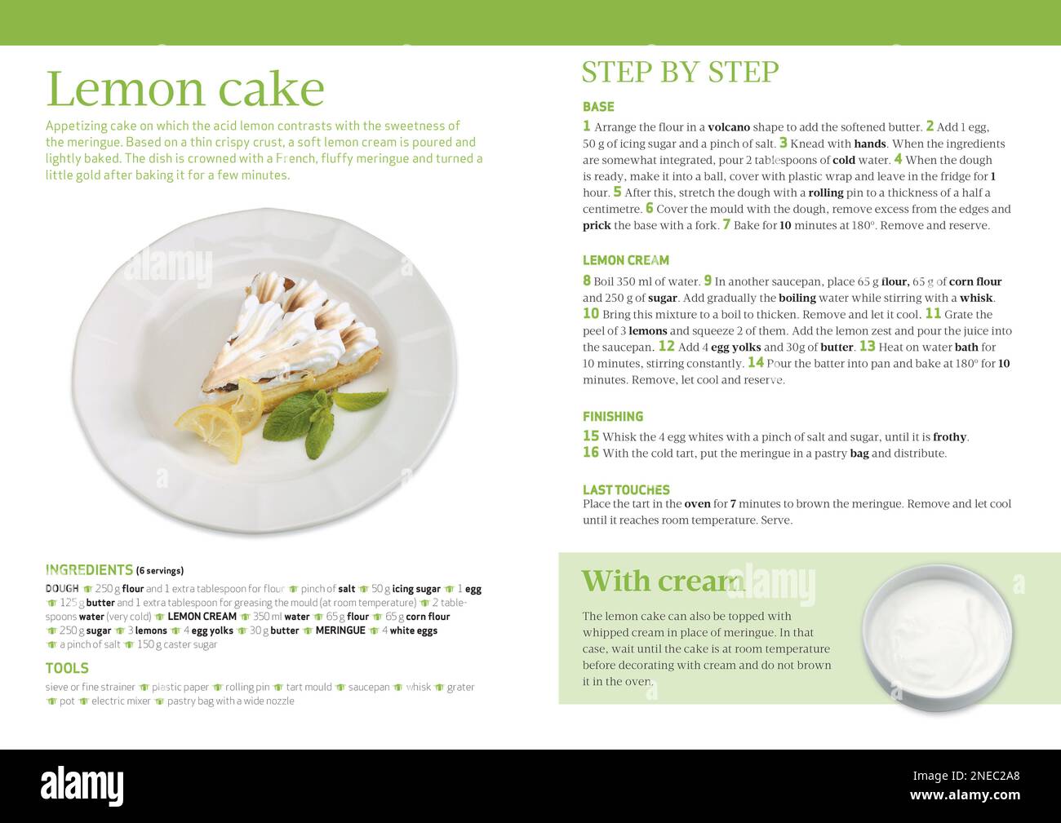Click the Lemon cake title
(185, 89)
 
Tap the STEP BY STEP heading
(680, 72)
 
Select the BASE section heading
(598, 107)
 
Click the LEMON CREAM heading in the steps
(625, 260)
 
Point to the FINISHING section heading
(612, 416)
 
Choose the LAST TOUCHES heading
(625, 489)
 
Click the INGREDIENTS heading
(89, 569)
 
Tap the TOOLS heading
(67, 668)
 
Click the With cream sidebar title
(662, 582)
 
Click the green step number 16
(591, 453)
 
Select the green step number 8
(586, 281)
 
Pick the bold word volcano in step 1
(728, 127)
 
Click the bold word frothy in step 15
(949, 437)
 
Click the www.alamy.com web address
(965, 795)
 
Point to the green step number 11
(932, 314)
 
